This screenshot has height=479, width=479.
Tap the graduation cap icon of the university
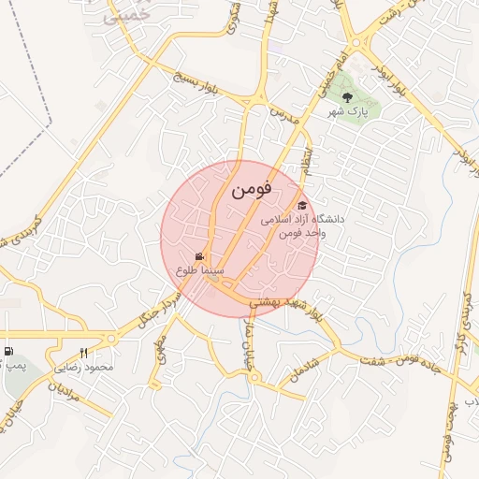pyautogui.click(x=301, y=206)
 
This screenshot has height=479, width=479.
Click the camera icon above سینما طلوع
pyautogui.click(x=199, y=256)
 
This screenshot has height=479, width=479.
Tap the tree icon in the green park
pyautogui.click(x=347, y=96)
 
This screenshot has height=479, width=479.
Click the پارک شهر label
pyautogui.click(x=348, y=111)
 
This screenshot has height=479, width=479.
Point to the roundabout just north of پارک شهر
pyautogui.click(x=356, y=41)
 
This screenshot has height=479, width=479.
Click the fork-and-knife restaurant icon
pyautogui.click(x=83, y=353)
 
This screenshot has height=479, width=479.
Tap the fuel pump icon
pyautogui.click(x=8, y=352)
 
